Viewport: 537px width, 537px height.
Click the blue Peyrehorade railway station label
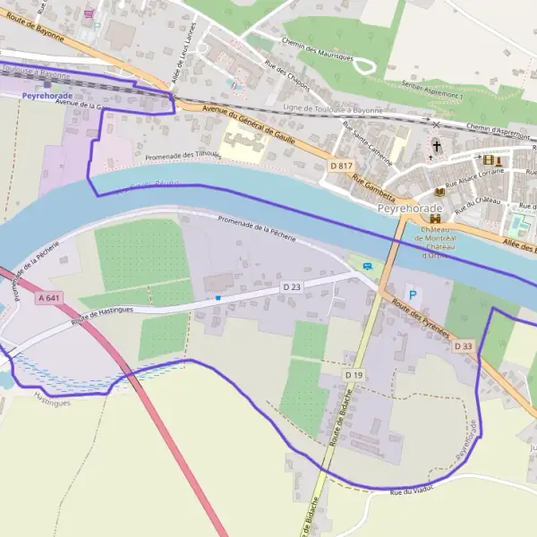[48, 95]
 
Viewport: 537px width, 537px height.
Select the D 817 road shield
[341, 166]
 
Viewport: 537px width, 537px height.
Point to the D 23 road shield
[292, 286]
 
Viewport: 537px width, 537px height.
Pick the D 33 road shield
[463, 345]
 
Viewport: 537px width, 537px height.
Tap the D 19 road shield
[354, 373]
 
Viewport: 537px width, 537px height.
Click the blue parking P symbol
[412, 294]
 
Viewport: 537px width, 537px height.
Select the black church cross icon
[437, 145]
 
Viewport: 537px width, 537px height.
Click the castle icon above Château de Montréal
[436, 218]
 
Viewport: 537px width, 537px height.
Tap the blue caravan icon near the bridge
[366, 266]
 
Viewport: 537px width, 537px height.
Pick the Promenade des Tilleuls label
[183, 155]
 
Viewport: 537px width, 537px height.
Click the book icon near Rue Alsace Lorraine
[439, 192]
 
